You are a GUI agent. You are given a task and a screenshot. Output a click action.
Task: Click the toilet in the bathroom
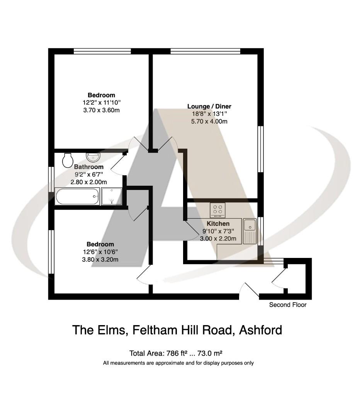(x=68, y=159)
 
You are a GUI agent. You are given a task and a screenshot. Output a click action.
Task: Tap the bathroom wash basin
(x=93, y=157)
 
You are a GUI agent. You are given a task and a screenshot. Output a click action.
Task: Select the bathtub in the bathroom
(x=77, y=197)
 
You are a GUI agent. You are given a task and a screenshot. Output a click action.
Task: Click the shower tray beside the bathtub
(x=112, y=197)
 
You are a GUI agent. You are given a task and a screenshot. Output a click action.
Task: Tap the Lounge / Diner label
(x=209, y=106)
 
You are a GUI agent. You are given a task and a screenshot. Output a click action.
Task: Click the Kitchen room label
(x=218, y=224)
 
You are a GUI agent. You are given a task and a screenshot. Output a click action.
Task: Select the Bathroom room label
(x=88, y=167)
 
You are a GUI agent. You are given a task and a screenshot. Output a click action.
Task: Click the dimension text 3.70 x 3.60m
(x=101, y=110)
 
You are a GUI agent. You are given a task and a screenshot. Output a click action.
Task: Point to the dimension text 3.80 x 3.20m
(x=100, y=259)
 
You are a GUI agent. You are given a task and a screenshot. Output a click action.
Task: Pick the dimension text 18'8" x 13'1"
(x=209, y=114)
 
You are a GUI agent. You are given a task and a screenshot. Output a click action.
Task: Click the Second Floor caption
(x=288, y=305)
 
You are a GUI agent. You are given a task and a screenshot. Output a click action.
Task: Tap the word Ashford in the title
(x=261, y=330)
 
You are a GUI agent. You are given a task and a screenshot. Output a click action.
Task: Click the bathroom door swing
(x=117, y=164)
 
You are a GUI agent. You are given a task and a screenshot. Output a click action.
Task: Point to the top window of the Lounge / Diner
(x=205, y=51)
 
